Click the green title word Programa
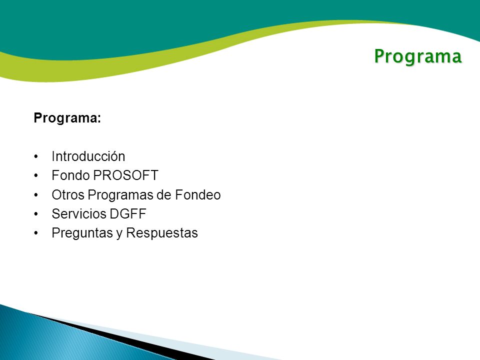(418, 57)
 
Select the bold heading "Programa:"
(67, 118)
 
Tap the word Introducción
(88, 156)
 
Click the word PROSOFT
(126, 175)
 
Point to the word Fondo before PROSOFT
(70, 175)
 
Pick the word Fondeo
(198, 195)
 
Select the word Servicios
(79, 214)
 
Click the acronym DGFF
(128, 214)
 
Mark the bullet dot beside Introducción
(36, 156)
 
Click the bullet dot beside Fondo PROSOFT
(36, 175)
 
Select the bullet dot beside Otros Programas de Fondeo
(36, 195)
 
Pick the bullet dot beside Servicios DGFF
(36, 214)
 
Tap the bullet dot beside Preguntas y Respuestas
(36, 233)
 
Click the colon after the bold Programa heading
(99, 119)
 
